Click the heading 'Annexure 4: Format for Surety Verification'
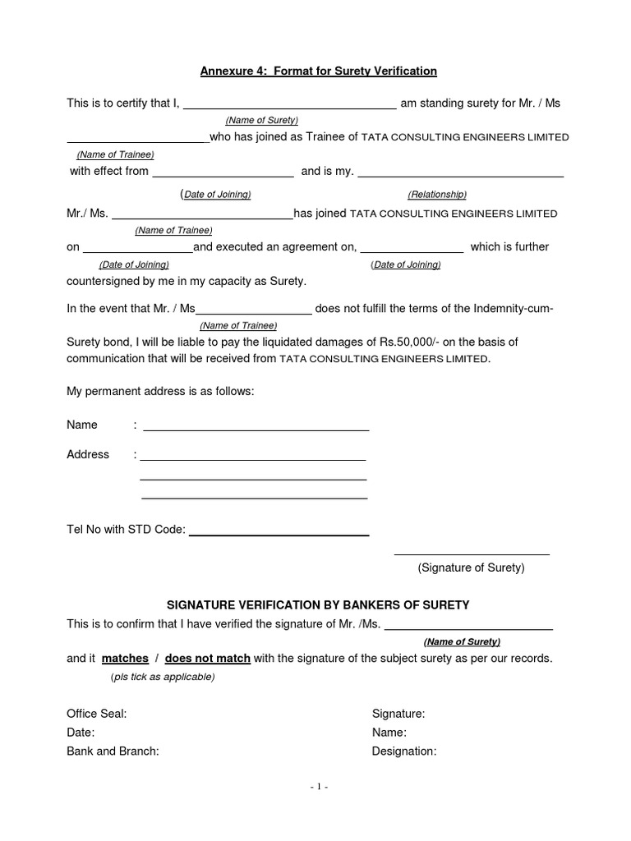[x=319, y=71]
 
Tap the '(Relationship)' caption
[x=437, y=195]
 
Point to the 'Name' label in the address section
[x=82, y=425]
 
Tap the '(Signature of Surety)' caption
[x=471, y=568]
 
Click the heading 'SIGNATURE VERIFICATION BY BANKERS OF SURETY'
[x=319, y=605]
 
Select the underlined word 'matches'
[x=125, y=659]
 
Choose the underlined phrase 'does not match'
[x=207, y=659]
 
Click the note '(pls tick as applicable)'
[x=162, y=677]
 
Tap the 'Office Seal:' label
[x=96, y=715]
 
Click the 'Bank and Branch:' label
[x=113, y=751]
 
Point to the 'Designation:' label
[x=404, y=751]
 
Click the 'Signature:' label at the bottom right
[x=398, y=715]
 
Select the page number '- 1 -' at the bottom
[x=319, y=787]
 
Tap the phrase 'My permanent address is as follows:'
[x=160, y=392]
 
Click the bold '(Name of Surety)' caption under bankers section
[x=462, y=641]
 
